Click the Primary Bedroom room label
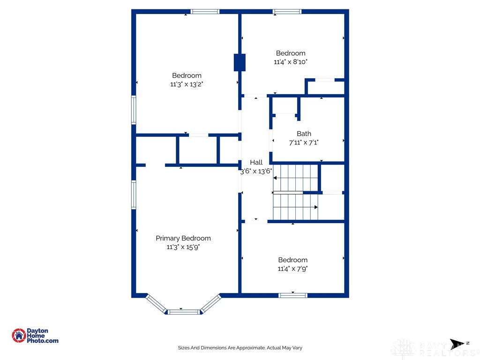click(x=183, y=238)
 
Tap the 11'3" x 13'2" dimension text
click(x=187, y=84)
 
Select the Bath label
click(x=304, y=134)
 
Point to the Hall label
click(x=256, y=162)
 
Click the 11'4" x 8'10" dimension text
click(x=291, y=62)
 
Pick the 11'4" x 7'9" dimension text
click(x=292, y=269)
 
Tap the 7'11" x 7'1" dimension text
click(x=304, y=142)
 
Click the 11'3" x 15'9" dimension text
click(x=183, y=247)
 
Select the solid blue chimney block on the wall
click(x=240, y=62)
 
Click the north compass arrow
click(x=457, y=344)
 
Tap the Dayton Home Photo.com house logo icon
click(x=19, y=336)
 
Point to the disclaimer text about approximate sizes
click(x=240, y=348)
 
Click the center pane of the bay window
click(x=184, y=312)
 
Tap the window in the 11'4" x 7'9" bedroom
click(x=293, y=295)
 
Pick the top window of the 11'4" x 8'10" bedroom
click(x=287, y=12)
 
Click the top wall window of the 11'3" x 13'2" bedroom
click(x=205, y=12)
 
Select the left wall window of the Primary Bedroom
click(x=134, y=195)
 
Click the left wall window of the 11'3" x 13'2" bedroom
click(x=134, y=110)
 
